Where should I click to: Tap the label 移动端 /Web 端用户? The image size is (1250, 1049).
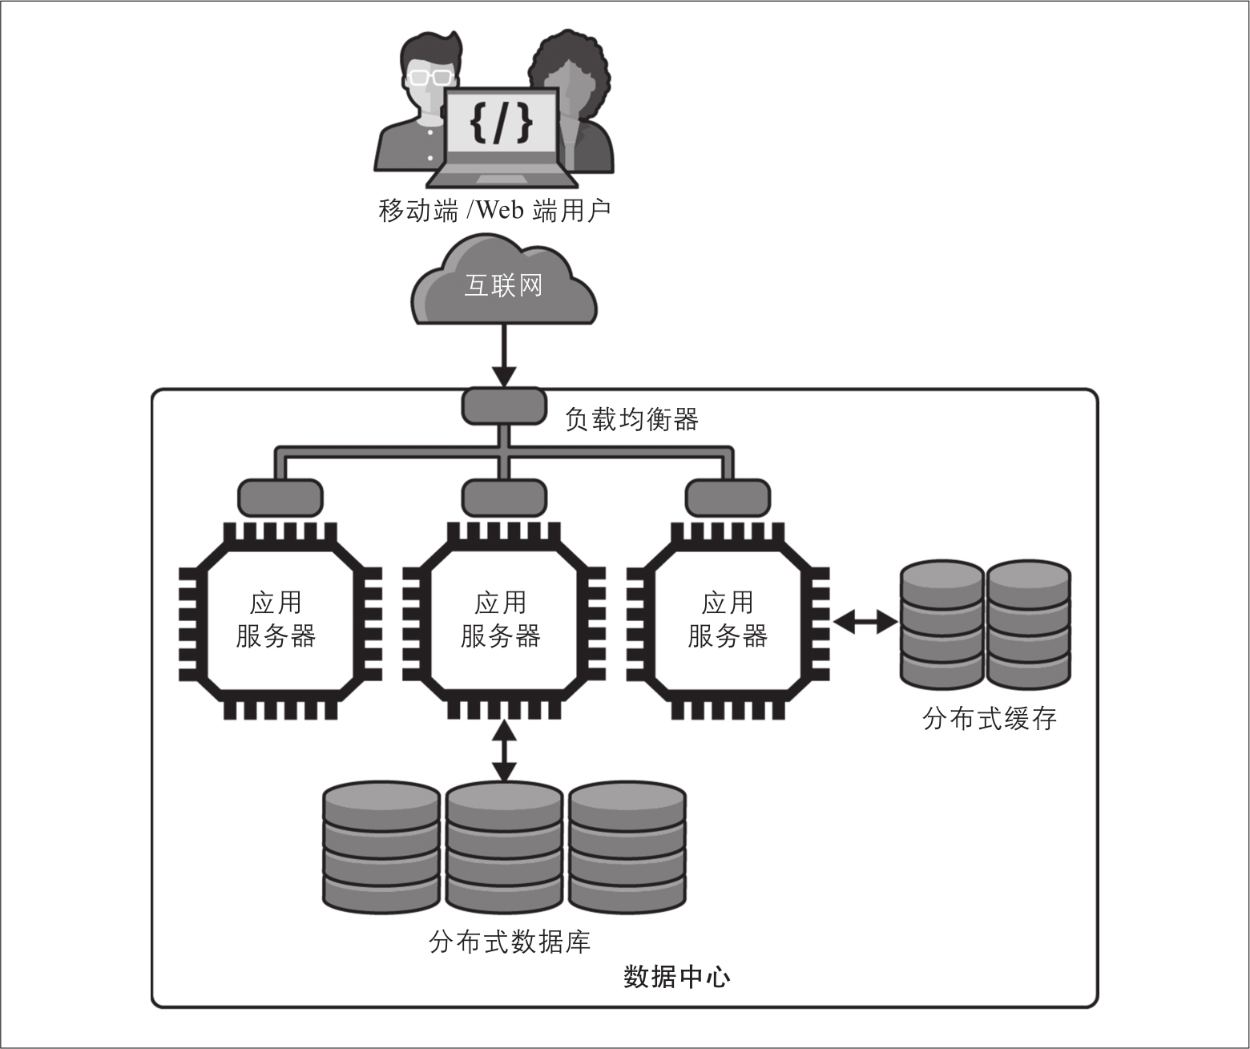coord(494,211)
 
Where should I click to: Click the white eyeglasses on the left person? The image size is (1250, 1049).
coord(427,78)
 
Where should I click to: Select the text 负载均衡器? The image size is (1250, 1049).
coord(631,419)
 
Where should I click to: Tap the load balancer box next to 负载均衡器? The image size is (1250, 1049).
coord(504,406)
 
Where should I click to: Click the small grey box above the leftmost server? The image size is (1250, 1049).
coord(280,498)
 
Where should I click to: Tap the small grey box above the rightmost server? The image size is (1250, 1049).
coord(728,498)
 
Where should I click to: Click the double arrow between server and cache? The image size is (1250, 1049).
coord(865,621)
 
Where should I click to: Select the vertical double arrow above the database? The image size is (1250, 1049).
coord(504,750)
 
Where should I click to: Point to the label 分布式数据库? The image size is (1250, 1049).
coord(510,942)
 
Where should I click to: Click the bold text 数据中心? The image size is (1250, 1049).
coord(676,978)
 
